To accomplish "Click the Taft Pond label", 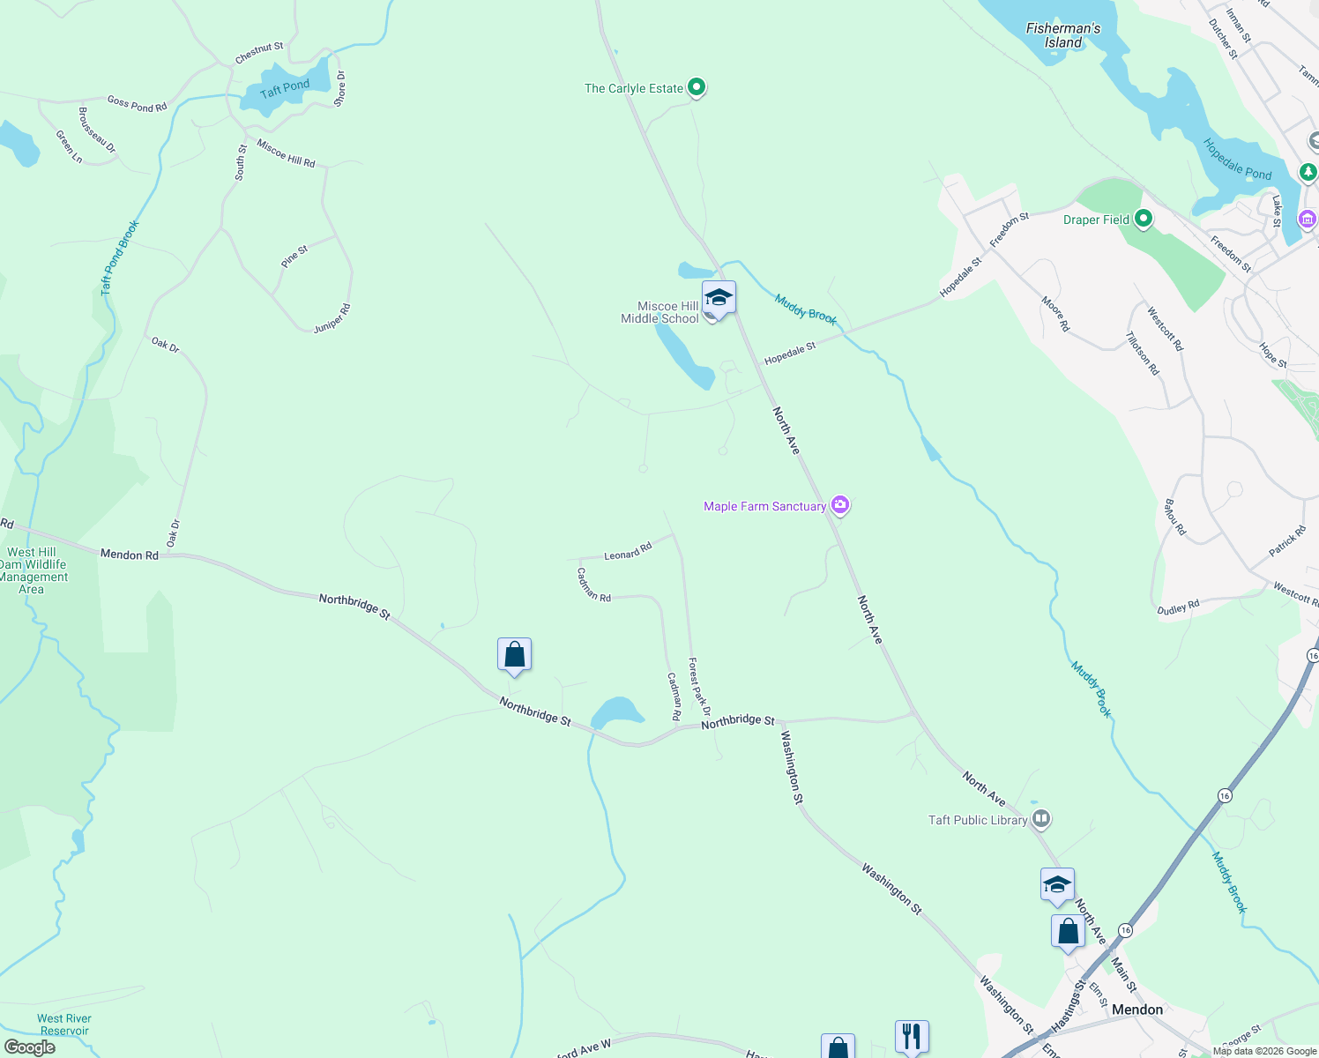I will pyautogui.click(x=285, y=88).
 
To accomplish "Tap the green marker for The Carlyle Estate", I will pyautogui.click(x=697, y=87).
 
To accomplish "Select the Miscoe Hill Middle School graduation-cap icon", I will pyautogui.click(x=719, y=298).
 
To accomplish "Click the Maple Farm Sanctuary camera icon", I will pyautogui.click(x=840, y=505).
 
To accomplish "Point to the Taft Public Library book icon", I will pyautogui.click(x=1041, y=819).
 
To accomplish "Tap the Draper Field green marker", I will pyautogui.click(x=1144, y=219).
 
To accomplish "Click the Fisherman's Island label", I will pyautogui.click(x=1063, y=35).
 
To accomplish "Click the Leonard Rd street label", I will pyautogui.click(x=628, y=552).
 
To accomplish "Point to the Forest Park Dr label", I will pyautogui.click(x=699, y=687).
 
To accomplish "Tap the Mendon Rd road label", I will pyautogui.click(x=130, y=555).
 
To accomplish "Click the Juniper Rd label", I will pyautogui.click(x=332, y=318).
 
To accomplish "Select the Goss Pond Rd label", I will pyautogui.click(x=137, y=104).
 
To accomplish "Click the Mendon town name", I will pyautogui.click(x=1136, y=1010).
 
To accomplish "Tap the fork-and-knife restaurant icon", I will pyautogui.click(x=912, y=1035).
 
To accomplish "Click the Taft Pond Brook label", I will pyautogui.click(x=120, y=257).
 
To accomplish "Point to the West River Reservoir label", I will pyautogui.click(x=64, y=1024).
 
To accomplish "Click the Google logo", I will pyautogui.click(x=29, y=1047).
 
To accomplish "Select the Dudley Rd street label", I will pyautogui.click(x=1178, y=607).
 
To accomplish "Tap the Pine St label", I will pyautogui.click(x=294, y=257).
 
